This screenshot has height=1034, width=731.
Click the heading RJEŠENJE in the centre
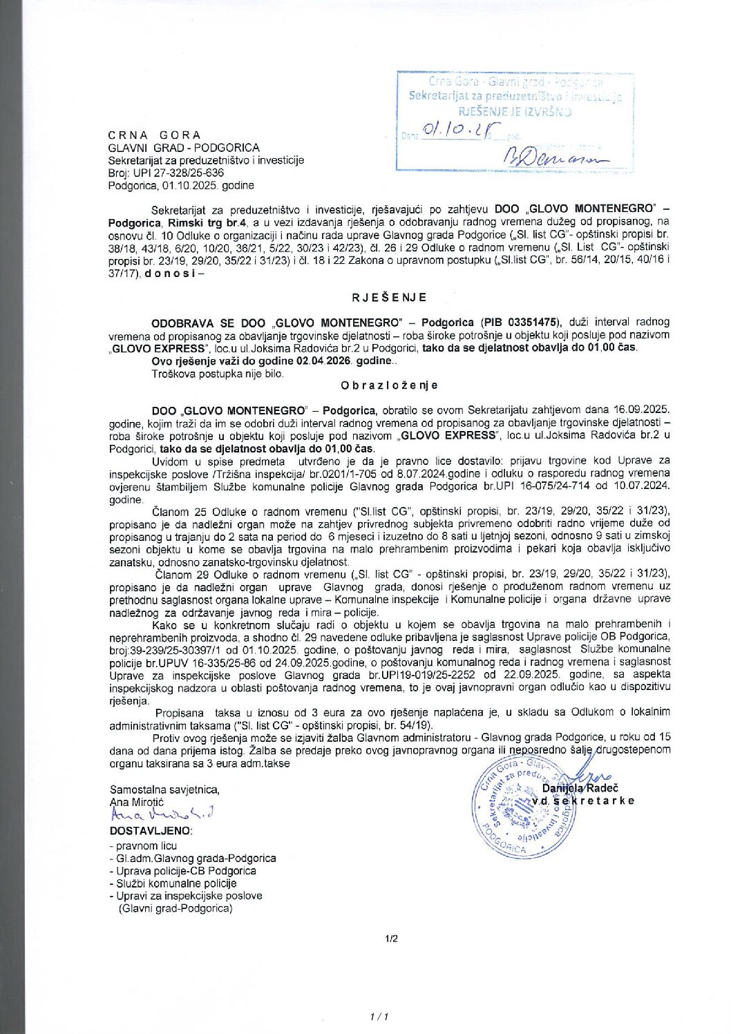tap(389, 298)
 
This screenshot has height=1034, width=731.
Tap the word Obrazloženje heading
tap(389, 385)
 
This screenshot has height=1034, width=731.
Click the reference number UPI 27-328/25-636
tap(179, 173)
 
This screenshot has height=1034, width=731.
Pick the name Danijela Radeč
tap(580, 788)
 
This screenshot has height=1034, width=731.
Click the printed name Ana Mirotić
tap(137, 802)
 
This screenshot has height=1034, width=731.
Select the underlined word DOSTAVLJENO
tap(151, 830)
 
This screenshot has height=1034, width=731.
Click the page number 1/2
tap(391, 939)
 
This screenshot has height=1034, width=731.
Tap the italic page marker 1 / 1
tap(380, 1017)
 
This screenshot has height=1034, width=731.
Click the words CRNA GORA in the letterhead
tap(154, 135)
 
